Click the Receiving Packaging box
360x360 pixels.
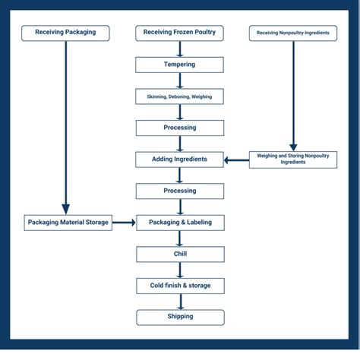point(65,33)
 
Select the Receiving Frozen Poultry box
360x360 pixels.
point(179,33)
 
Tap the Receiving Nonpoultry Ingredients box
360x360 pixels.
point(292,33)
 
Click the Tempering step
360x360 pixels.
point(179,65)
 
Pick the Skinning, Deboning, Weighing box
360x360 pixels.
point(179,96)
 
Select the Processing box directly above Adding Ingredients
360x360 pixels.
point(179,128)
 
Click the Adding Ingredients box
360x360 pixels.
point(179,159)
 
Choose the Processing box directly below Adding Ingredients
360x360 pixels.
point(179,191)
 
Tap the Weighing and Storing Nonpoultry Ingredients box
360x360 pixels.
point(292,159)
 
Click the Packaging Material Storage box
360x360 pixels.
point(68,223)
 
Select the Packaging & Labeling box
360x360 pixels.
point(179,223)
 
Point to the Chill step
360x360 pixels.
point(179,254)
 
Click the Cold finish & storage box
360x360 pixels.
point(179,286)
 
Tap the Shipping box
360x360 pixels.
point(179,317)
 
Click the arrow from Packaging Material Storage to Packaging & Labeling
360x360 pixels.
point(124,223)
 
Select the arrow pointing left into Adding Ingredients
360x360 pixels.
point(236,159)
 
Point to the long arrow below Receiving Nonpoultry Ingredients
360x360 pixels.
point(292,95)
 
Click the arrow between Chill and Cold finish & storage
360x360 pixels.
point(180,270)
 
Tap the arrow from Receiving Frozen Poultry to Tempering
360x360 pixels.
point(180,49)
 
